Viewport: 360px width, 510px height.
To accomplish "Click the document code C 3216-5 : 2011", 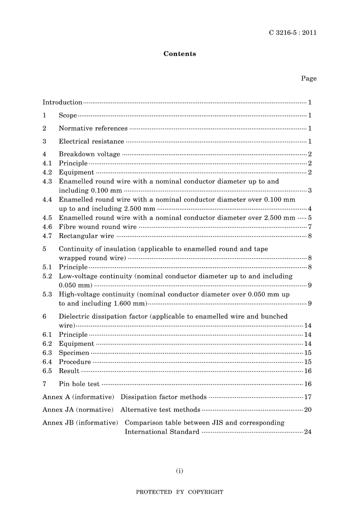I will tap(293, 33).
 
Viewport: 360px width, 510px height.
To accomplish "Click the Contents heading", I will tap(180, 54).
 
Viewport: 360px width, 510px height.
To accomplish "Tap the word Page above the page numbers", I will tap(308, 78).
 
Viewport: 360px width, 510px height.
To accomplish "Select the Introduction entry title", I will tap(62, 102).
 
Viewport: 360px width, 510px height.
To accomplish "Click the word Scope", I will tap(68, 115).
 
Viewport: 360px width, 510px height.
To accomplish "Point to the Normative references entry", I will tap(93, 128).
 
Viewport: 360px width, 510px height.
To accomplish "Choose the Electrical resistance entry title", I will tap(91, 141).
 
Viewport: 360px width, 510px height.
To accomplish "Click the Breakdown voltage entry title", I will tap(89, 154).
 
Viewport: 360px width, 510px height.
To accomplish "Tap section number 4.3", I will tap(47, 181).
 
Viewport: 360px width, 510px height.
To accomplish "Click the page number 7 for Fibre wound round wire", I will tap(310, 227).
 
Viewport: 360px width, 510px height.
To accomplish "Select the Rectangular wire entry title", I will tap(86, 236).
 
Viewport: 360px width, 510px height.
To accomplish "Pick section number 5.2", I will tap(47, 276).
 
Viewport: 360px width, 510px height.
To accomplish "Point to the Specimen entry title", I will tap(74, 353).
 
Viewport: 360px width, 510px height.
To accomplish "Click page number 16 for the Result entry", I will tap(308, 371).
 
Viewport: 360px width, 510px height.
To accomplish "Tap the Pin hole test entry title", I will tap(79, 384).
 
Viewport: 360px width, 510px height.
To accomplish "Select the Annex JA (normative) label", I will tap(78, 410).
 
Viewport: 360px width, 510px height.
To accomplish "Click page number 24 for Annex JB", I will tap(308, 432).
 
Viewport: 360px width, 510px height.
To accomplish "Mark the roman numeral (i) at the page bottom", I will tap(180, 471).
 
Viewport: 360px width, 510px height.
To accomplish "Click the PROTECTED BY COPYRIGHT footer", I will tap(180, 492).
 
